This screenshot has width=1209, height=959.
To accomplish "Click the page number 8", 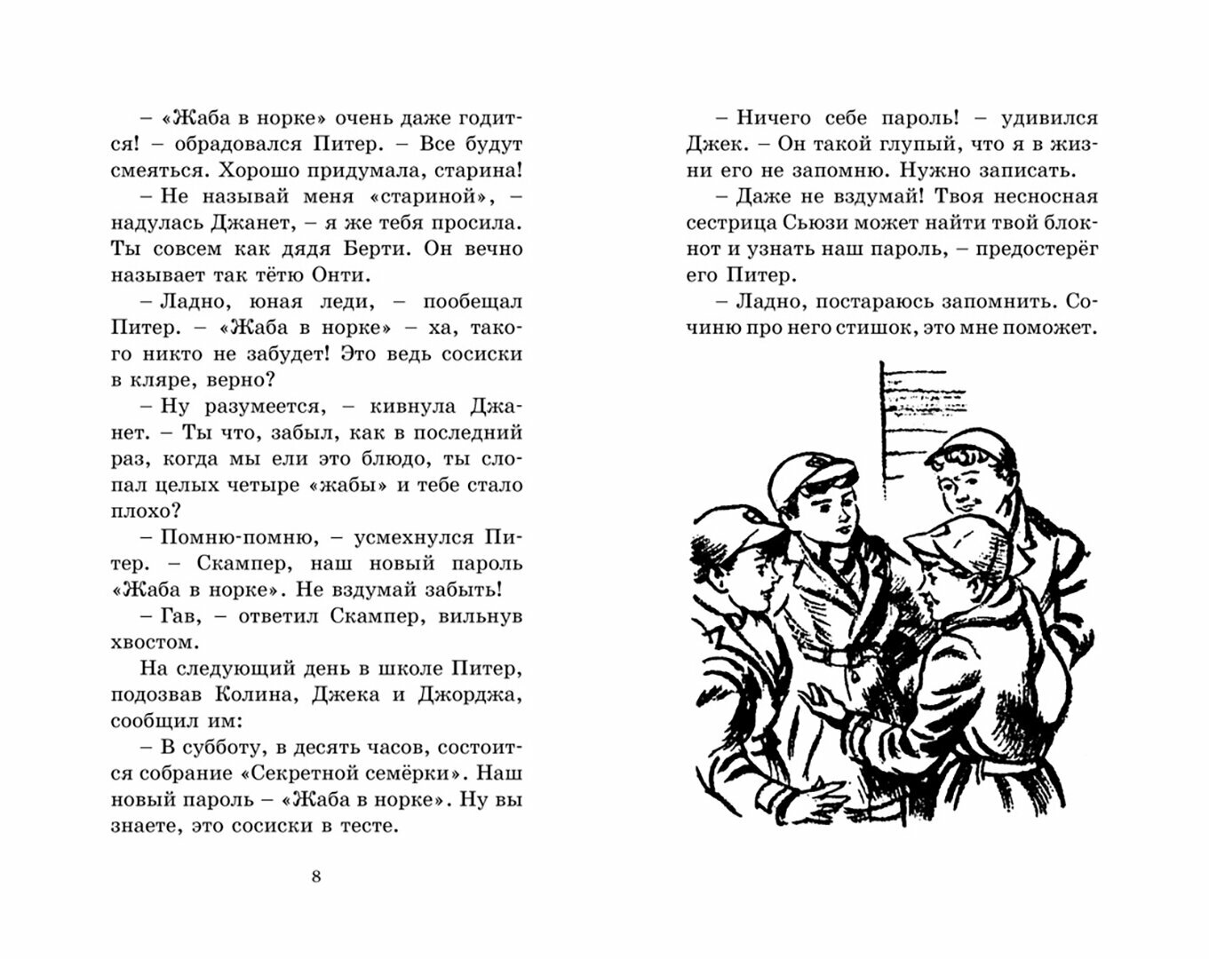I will (317, 877).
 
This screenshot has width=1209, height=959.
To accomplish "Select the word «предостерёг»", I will (1036, 250).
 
